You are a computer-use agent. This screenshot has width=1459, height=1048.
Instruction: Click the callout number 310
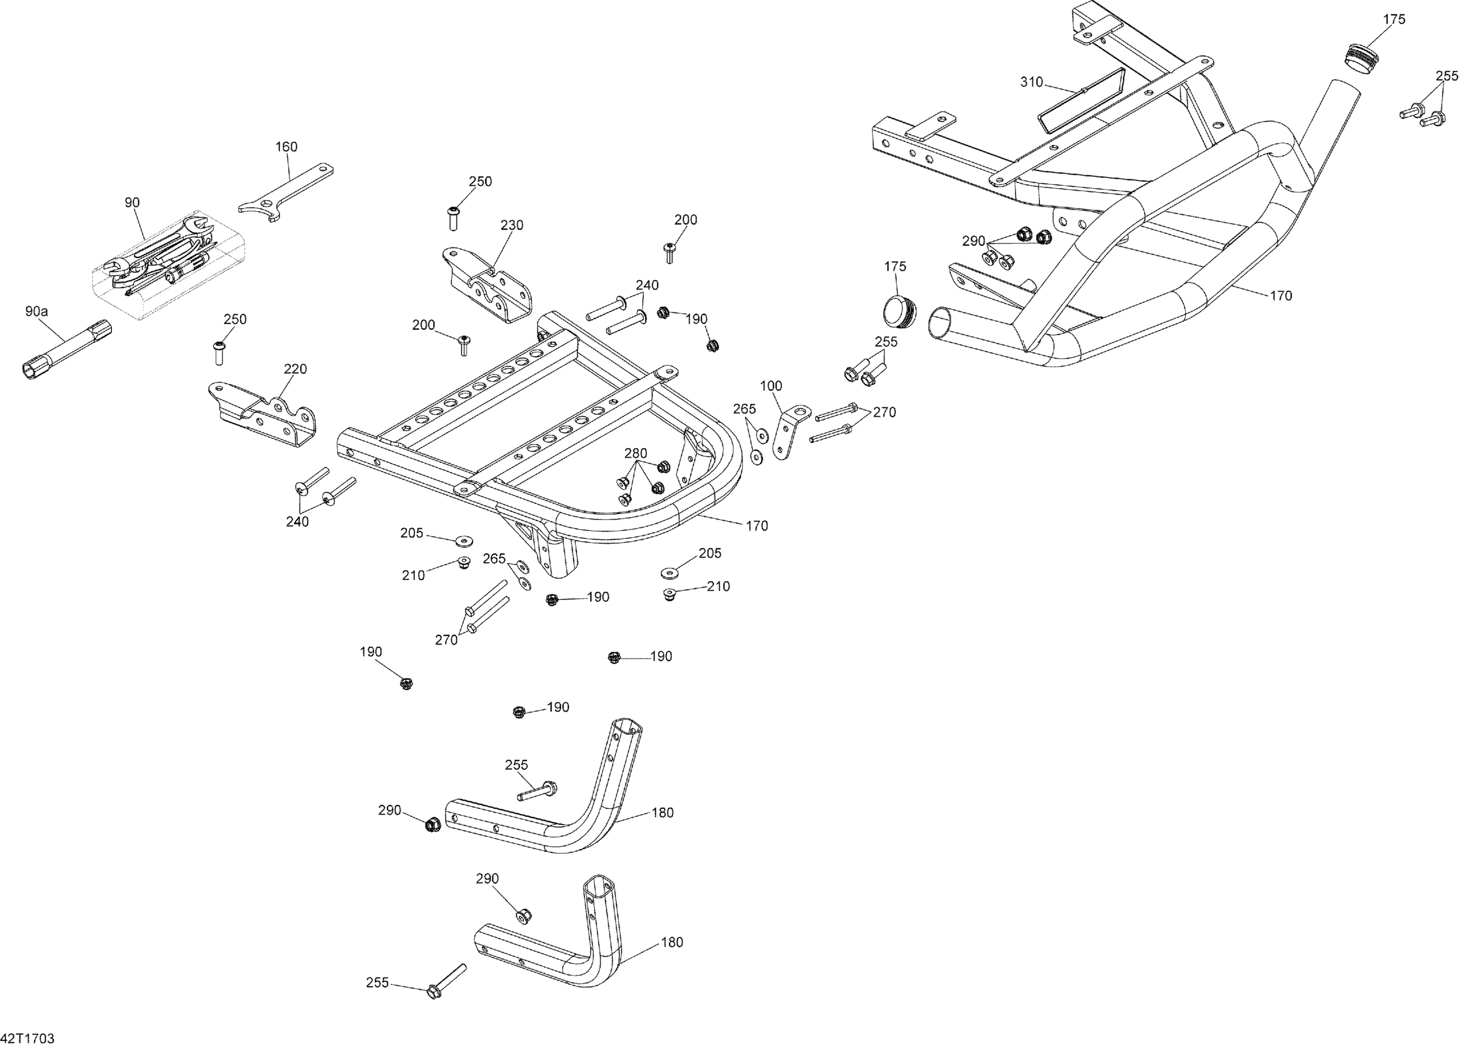pyautogui.click(x=1031, y=82)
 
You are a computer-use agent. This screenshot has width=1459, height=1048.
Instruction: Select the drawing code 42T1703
pyautogui.click(x=27, y=1038)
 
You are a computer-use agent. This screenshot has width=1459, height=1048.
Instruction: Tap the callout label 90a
pyautogui.click(x=36, y=311)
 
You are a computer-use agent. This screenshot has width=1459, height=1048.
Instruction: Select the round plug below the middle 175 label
pyautogui.click(x=899, y=313)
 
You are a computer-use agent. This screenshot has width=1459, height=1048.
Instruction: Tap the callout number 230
pyautogui.click(x=512, y=225)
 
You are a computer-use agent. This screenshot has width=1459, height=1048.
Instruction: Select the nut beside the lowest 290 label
pyautogui.click(x=523, y=915)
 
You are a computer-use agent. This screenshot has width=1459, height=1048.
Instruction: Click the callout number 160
pyautogui.click(x=286, y=147)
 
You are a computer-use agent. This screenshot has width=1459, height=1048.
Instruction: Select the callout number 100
pyautogui.click(x=771, y=386)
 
